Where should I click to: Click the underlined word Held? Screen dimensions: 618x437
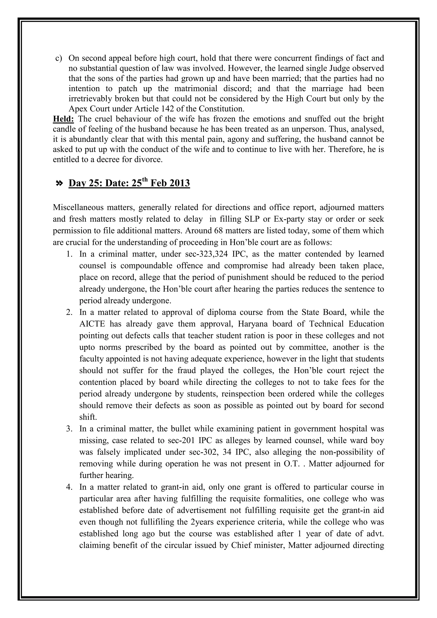pos(63,119)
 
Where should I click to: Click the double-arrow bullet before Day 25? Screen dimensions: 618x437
pos(59,184)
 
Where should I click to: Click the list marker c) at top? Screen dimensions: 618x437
pos(59,58)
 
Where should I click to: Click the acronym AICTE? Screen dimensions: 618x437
pos(92,324)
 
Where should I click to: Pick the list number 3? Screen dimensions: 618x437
pos(69,429)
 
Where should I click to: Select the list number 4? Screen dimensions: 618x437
pos(69,487)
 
